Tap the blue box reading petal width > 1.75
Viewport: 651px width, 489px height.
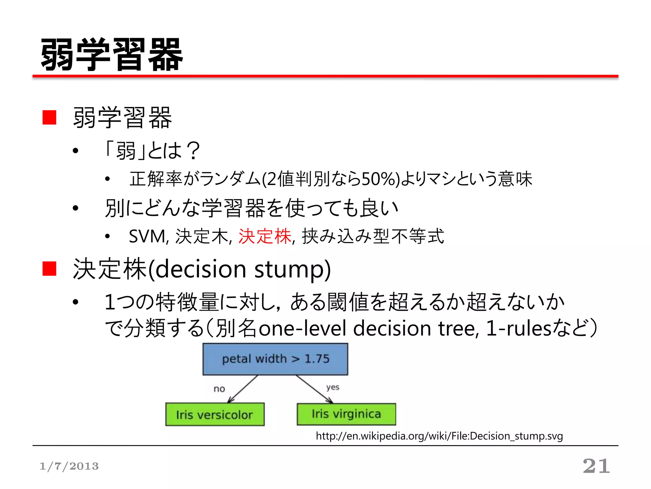coord(275,359)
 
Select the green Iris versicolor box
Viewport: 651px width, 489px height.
coord(215,414)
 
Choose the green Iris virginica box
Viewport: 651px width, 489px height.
coord(346,414)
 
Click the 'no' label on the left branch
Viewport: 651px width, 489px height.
coord(219,389)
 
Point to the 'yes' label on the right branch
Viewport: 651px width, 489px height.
coord(332,387)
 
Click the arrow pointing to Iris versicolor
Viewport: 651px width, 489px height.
coord(243,389)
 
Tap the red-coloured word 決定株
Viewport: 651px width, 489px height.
coord(265,236)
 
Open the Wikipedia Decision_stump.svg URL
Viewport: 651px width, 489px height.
coord(439,436)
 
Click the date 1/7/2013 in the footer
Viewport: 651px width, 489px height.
coord(69,466)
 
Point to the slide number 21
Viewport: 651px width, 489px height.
coord(596,466)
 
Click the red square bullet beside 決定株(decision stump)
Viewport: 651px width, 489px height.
coord(50,268)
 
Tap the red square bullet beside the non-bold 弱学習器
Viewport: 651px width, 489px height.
coord(50,117)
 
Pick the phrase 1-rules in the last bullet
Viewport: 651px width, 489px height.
coord(518,328)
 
